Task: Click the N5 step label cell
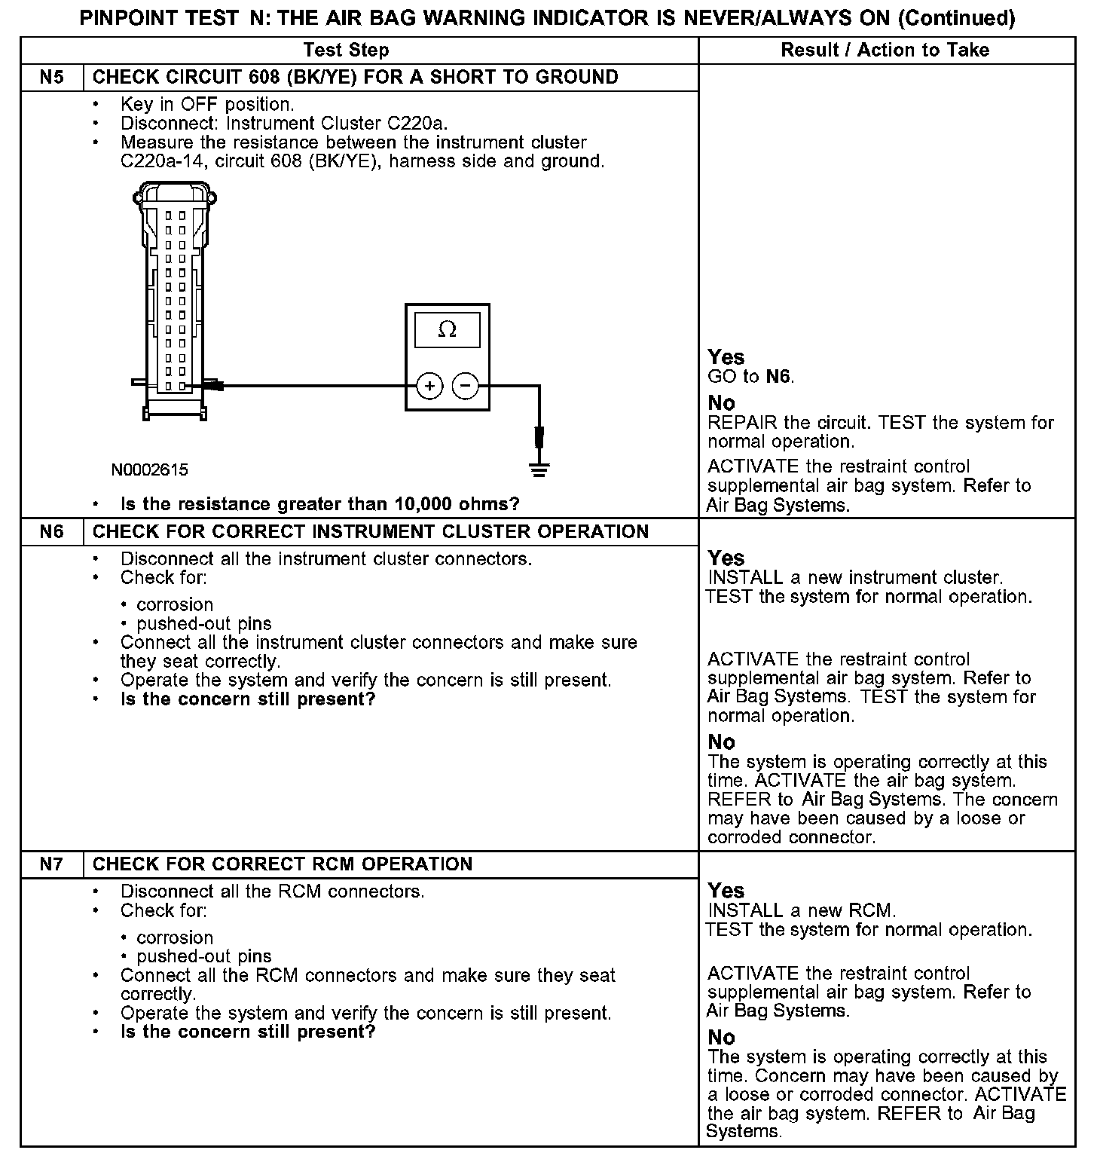click(51, 77)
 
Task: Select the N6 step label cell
click(51, 531)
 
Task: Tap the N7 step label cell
click(51, 864)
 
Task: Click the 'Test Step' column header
click(346, 50)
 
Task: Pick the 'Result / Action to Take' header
click(885, 50)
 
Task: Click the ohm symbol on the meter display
click(448, 329)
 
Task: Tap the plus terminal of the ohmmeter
click(429, 387)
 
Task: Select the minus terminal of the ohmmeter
click(465, 387)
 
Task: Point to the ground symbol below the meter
click(539, 469)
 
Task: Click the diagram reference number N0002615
click(150, 469)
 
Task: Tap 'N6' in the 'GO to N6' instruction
click(778, 376)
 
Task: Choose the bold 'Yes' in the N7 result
click(726, 891)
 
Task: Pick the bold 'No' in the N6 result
click(721, 742)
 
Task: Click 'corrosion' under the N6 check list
click(175, 604)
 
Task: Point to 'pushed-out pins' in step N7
click(203, 956)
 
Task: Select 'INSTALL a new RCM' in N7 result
click(802, 910)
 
